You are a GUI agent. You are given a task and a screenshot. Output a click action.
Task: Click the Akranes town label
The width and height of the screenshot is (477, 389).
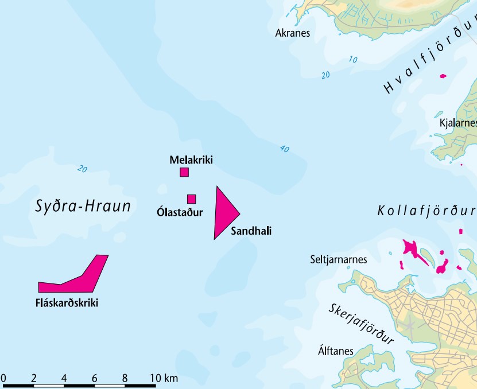pyautogui.click(x=292, y=33)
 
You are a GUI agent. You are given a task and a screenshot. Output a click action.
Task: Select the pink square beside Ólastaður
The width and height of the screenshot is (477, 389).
pyautogui.click(x=192, y=199)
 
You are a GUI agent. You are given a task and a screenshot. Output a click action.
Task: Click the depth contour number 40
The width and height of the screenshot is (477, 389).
pyautogui.click(x=284, y=149)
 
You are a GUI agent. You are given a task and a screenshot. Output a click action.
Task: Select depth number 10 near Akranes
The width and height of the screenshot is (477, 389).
pyautogui.click(x=352, y=60)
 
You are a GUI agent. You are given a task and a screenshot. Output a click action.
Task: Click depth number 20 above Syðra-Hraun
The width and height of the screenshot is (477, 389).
pyautogui.click(x=83, y=169)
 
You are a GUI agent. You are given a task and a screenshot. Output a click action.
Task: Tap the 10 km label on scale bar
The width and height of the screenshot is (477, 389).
pyautogui.click(x=164, y=378)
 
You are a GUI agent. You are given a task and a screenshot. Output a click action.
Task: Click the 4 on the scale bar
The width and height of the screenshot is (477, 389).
pyautogui.click(x=64, y=378)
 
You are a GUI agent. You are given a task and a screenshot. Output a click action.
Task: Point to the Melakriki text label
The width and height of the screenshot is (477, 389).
pyautogui.click(x=191, y=160)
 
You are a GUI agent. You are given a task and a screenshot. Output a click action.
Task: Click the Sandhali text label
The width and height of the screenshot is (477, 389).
pyautogui.click(x=250, y=231)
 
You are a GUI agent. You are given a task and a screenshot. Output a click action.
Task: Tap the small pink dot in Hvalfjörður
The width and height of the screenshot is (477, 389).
pyautogui.click(x=442, y=76)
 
